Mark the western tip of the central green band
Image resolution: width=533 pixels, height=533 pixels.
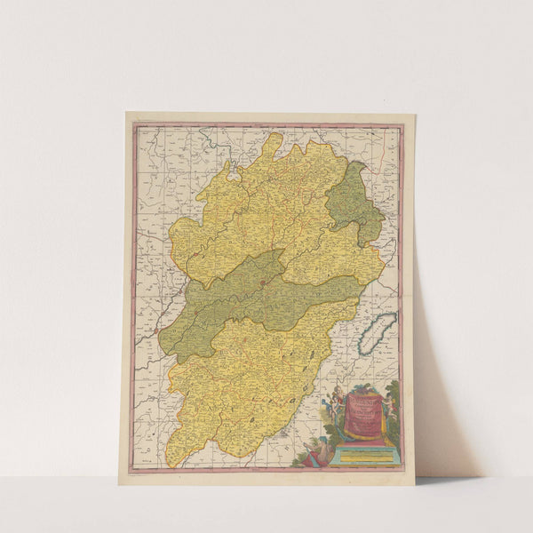pyautogui.click(x=165, y=342)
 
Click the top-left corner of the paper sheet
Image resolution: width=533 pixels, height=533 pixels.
pyautogui.click(x=127, y=113)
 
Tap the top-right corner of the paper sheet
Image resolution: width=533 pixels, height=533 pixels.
pyautogui.click(x=415, y=114)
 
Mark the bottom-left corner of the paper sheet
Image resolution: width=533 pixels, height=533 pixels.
pyautogui.click(x=120, y=483)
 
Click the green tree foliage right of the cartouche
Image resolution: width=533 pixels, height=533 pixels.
pyautogui.click(x=390, y=395)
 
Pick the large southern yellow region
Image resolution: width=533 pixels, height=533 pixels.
pyautogui.click(x=240, y=382)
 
